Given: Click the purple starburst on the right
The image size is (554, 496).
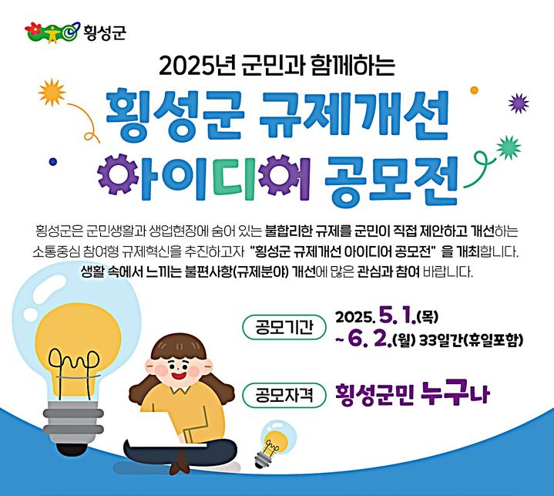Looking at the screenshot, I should coord(519,103).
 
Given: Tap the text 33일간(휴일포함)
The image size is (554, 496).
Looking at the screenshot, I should coord(473,340).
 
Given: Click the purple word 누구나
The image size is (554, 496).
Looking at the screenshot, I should coord(455,396).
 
